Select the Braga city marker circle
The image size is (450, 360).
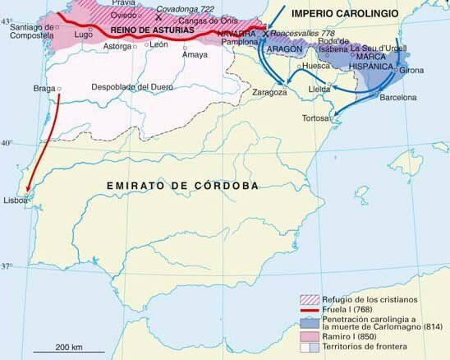click(x=59, y=88)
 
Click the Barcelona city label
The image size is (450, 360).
click(x=397, y=97)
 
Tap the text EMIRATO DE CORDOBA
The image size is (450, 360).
click(x=183, y=186)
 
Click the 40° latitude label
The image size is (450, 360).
click(x=7, y=143)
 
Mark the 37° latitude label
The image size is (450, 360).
click(x=7, y=265)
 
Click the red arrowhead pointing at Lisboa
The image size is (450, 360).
click(x=29, y=190)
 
